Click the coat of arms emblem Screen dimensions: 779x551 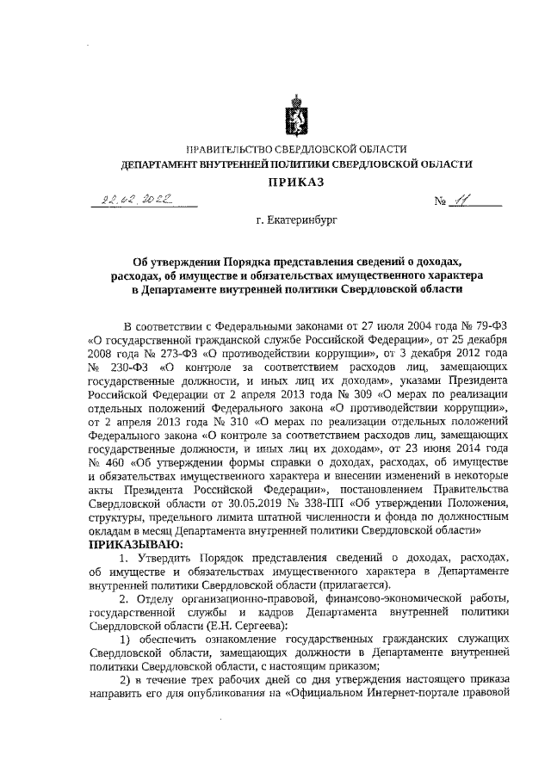[x=291, y=120]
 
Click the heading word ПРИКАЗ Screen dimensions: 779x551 [x=291, y=182]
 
